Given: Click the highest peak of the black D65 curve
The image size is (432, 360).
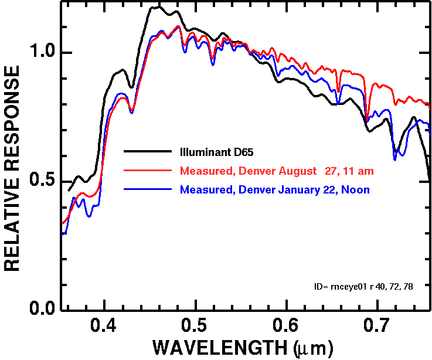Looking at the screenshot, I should point(155,7).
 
